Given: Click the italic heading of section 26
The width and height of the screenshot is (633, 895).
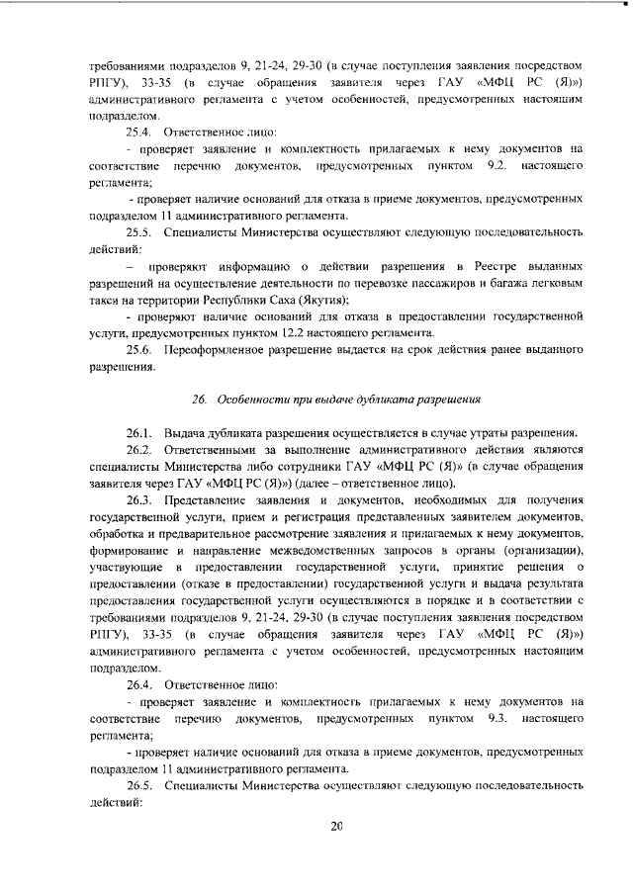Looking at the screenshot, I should (x=336, y=400).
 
